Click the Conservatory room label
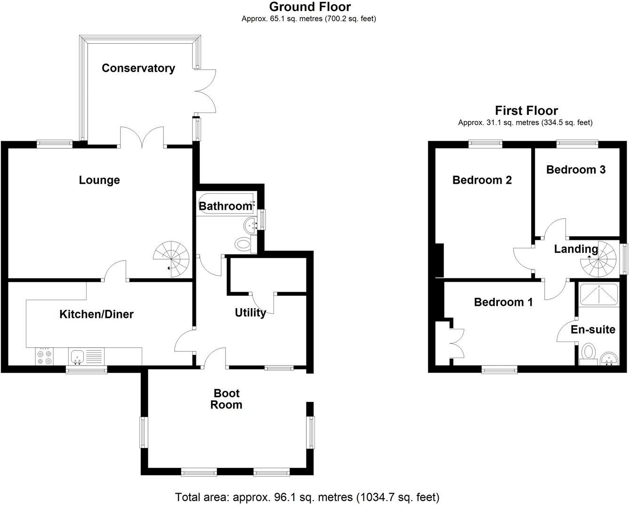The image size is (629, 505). point(138,68)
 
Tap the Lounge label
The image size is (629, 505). point(99,180)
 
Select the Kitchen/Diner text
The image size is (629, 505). point(97,314)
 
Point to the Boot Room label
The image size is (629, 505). point(226,399)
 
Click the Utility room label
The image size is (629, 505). point(250,313)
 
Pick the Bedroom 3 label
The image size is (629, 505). point(575,170)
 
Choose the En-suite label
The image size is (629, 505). point(593,329)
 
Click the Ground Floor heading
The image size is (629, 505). point(310,7)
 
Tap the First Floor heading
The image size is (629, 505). point(526,111)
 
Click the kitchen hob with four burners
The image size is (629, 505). point(45,356)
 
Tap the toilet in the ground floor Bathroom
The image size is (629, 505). point(243,244)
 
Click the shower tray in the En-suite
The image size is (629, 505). point(598,295)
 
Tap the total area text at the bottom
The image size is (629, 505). point(307,497)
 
